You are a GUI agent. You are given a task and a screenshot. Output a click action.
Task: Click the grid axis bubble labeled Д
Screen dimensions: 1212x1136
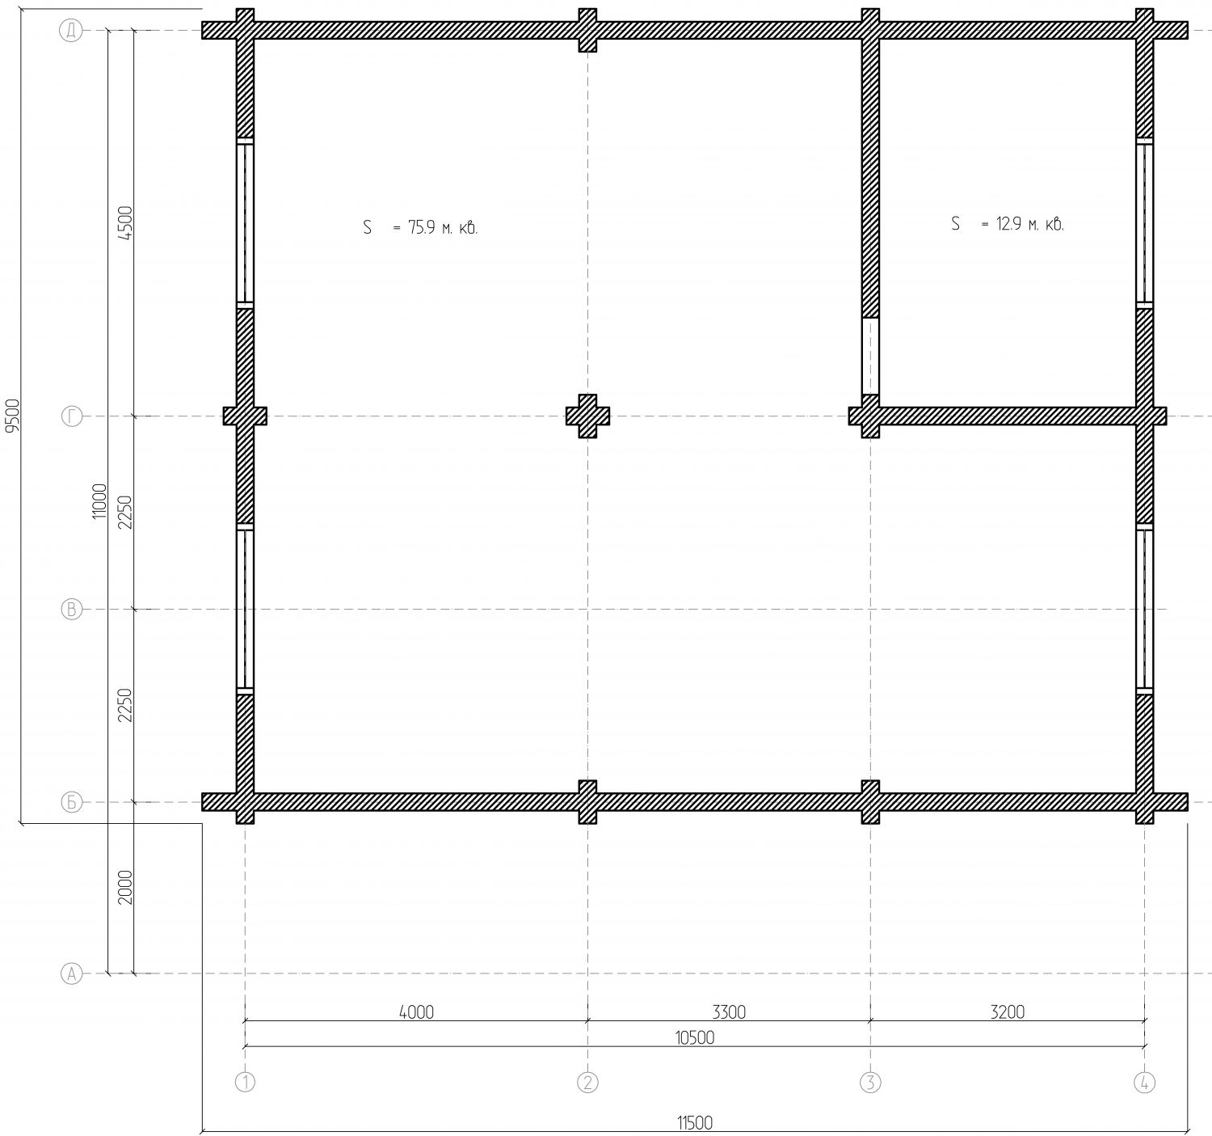[x=71, y=31]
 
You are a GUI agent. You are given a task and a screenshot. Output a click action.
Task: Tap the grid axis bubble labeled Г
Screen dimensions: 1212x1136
[x=71, y=416]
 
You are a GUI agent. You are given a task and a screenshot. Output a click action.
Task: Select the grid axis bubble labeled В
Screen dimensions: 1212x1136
[x=71, y=609]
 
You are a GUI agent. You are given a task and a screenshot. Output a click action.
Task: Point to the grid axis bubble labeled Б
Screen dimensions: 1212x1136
[x=71, y=802]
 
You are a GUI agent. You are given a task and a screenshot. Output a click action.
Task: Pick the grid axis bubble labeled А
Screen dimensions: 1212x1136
[x=71, y=973]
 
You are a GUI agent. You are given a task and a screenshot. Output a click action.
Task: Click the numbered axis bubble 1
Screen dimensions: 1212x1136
[x=245, y=1083]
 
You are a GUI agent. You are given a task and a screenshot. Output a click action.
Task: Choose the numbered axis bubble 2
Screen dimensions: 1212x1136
[x=587, y=1083]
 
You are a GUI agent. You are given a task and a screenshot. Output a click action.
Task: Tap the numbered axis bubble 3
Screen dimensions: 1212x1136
[x=870, y=1083]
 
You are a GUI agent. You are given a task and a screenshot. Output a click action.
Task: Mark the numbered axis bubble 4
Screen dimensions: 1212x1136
[x=1144, y=1083]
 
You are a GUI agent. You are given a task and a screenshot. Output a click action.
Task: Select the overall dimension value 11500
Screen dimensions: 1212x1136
[x=695, y=1122]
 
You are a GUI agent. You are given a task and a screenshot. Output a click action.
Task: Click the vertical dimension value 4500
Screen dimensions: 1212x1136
[x=125, y=223]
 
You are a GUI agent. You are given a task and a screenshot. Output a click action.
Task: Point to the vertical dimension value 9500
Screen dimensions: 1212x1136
[x=12, y=416]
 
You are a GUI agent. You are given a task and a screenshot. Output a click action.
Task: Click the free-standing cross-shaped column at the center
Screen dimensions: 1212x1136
[x=587, y=416]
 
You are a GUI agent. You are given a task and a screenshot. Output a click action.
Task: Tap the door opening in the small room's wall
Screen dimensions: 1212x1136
[x=870, y=356]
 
